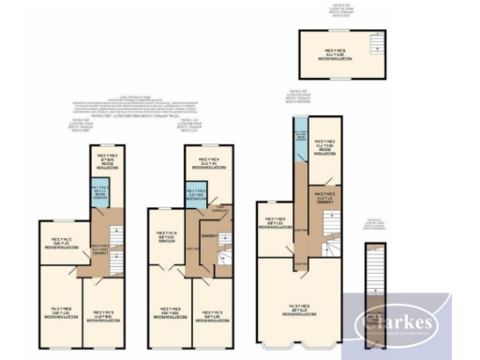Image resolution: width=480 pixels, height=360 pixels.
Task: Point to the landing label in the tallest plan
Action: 319,198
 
